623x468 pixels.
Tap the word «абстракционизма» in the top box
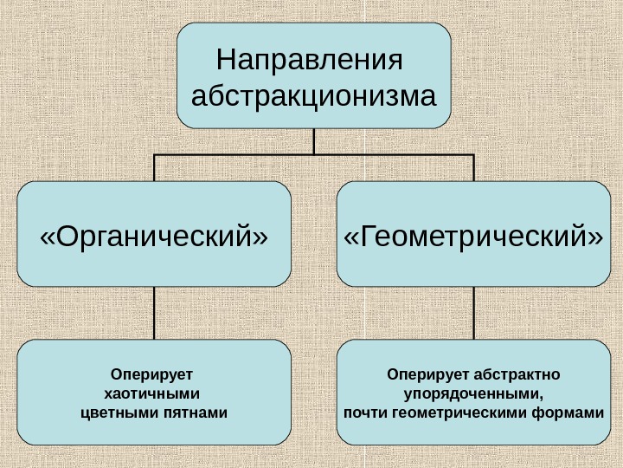[313, 94]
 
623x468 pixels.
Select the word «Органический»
[154, 235]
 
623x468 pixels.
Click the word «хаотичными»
[151, 393]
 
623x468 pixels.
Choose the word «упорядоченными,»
[473, 393]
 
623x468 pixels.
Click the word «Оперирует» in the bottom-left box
[153, 375]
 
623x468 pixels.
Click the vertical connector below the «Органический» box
[154, 313]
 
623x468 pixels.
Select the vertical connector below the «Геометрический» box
[473, 313]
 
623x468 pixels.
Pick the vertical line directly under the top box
[313, 140]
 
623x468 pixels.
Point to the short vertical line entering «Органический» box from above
[154, 168]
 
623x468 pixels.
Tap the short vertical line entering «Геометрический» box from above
[473, 168]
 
